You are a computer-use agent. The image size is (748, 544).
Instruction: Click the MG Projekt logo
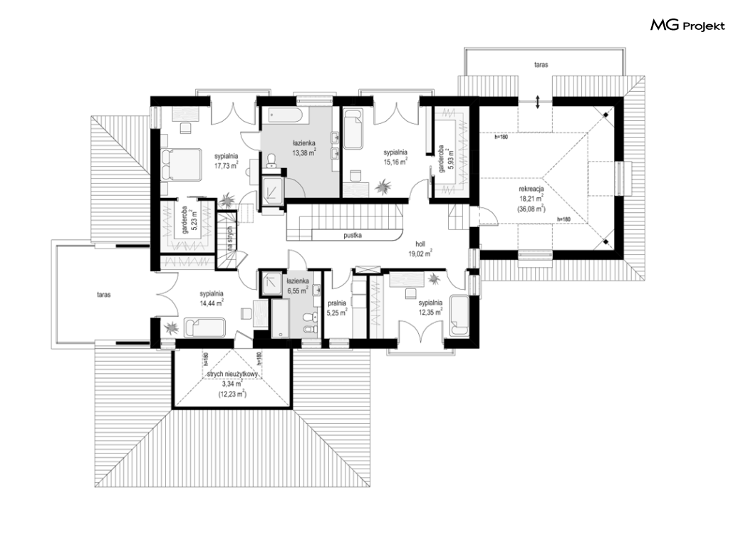click(687, 26)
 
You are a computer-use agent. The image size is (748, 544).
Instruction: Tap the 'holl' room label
click(420, 244)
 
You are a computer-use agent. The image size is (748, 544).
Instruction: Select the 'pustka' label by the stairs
click(353, 235)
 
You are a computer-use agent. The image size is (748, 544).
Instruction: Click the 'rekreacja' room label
click(531, 189)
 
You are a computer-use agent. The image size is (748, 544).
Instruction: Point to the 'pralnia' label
click(337, 303)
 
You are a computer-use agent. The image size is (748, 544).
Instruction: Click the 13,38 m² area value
click(304, 152)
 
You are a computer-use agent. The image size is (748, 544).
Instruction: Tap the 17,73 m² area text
click(226, 165)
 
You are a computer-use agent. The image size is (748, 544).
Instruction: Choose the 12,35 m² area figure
click(430, 312)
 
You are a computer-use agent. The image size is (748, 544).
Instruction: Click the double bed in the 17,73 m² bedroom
click(181, 164)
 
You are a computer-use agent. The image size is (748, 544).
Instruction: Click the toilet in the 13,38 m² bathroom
click(271, 160)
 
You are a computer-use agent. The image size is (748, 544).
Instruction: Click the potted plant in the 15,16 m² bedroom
click(383, 187)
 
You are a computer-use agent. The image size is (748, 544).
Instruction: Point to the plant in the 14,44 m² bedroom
click(170, 328)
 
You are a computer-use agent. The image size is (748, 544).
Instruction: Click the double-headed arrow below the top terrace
click(538, 102)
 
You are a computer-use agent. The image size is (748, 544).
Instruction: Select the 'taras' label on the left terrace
click(103, 295)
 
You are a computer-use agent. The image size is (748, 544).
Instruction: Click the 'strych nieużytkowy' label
click(232, 375)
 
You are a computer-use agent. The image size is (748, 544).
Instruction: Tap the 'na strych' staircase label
click(229, 238)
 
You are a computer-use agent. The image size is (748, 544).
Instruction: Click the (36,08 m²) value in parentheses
click(531, 209)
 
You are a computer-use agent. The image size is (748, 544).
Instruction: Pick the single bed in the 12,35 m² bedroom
click(460, 316)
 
